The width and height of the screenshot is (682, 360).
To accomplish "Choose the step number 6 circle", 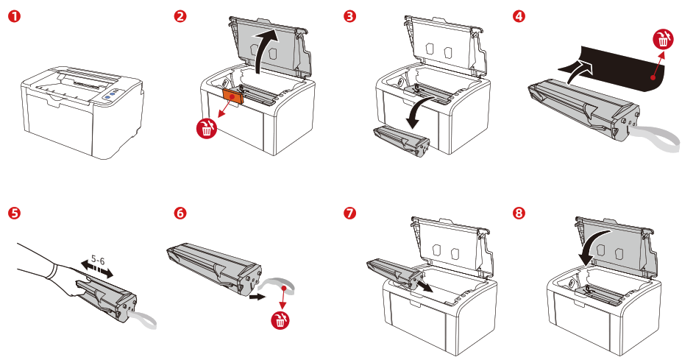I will (180, 213).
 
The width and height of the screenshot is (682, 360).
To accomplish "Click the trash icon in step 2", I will (207, 130).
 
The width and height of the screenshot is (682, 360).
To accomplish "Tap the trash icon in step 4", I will (664, 40).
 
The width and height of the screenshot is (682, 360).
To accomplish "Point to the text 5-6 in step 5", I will (97, 260).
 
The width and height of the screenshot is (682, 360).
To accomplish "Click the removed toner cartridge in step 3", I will (402, 141).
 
